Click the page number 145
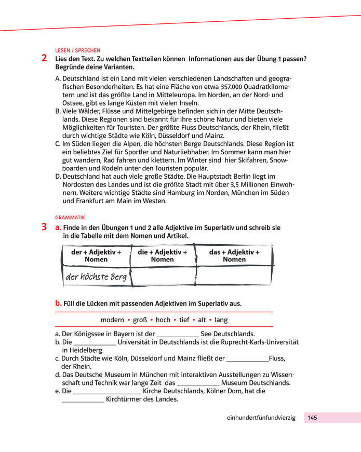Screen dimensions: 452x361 (x=312, y=418)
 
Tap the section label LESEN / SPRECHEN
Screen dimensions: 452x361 (x=77, y=50)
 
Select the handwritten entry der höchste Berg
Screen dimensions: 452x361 (x=96, y=277)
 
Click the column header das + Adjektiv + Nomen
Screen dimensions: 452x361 (x=234, y=256)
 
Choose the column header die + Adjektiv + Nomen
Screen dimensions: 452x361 (x=162, y=256)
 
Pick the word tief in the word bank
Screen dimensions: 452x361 (x=184, y=320)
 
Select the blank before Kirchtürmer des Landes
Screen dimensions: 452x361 (x=83, y=401)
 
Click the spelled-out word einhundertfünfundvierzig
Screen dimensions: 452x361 (x=261, y=418)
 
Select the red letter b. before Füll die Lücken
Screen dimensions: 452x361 (x=58, y=303)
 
